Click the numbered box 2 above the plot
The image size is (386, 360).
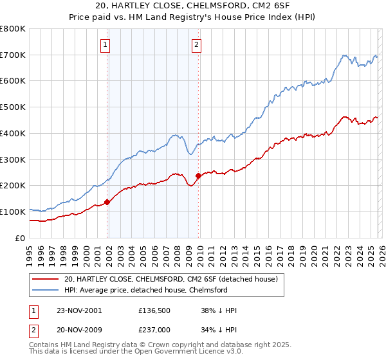[x=196, y=45]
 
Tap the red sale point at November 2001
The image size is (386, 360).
[x=107, y=202]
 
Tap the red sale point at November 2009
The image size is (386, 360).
[x=198, y=175]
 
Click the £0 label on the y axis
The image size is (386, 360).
[x=21, y=238]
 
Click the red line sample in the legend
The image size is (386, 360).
[x=46, y=279]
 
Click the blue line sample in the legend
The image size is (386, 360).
[x=46, y=290]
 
